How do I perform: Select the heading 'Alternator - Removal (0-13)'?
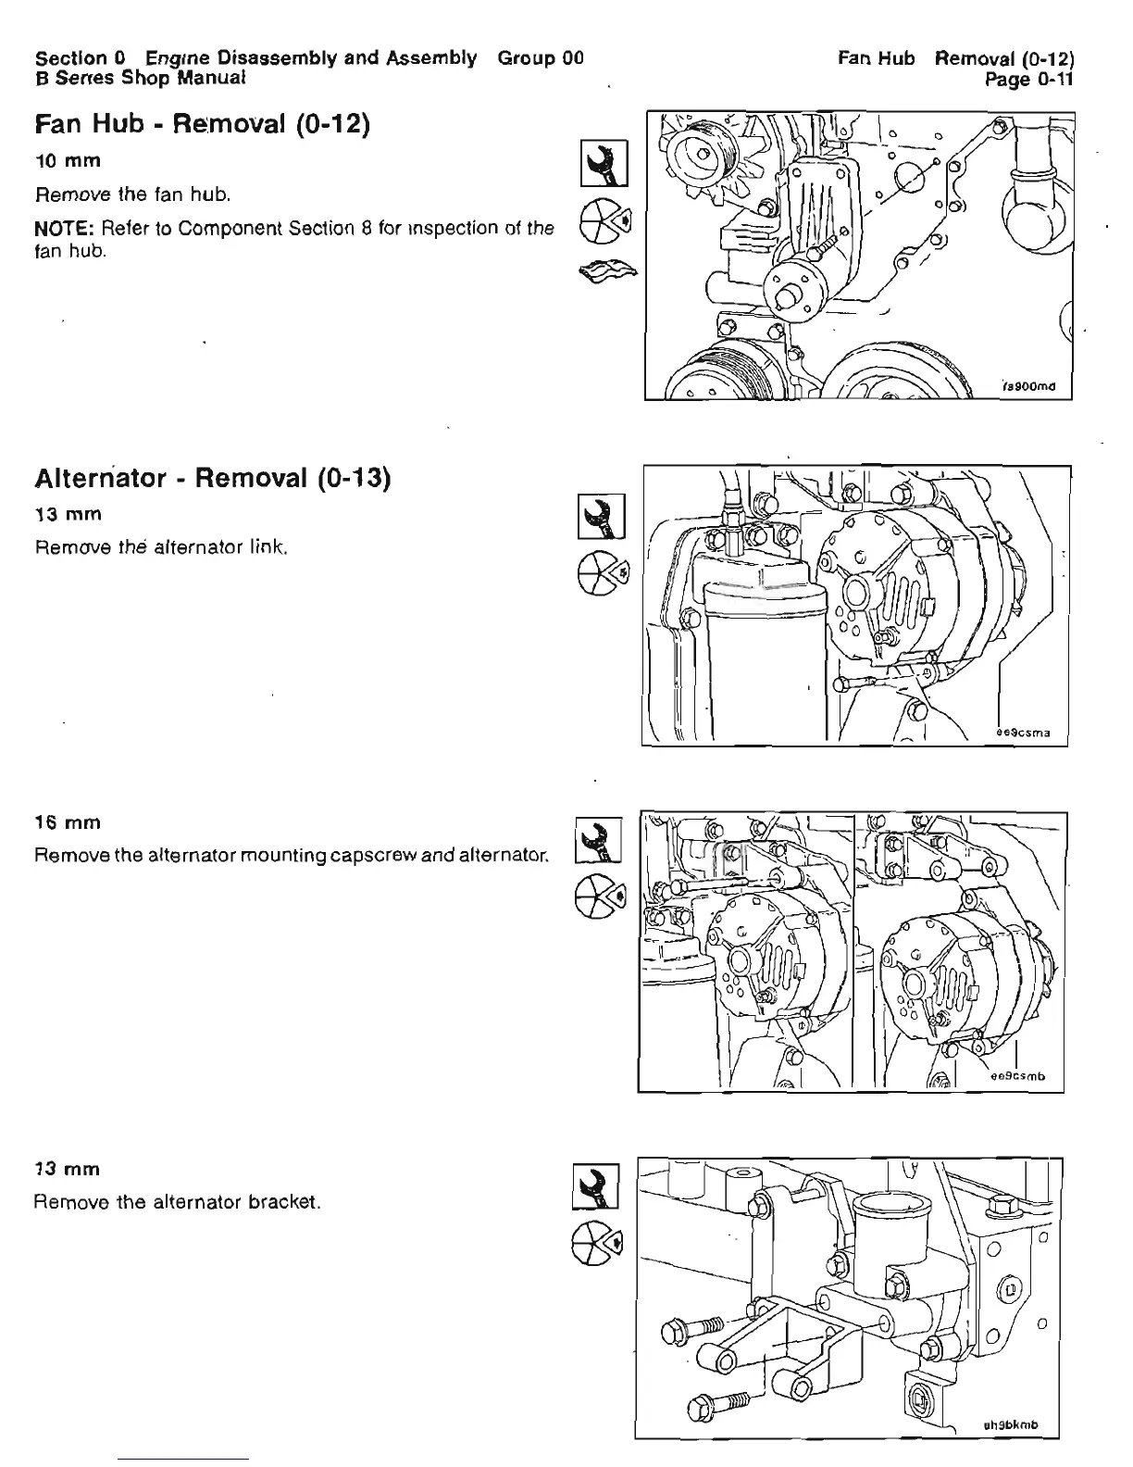[213, 478]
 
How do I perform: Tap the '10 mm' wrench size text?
[68, 160]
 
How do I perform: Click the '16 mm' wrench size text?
[68, 822]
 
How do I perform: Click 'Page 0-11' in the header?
[1028, 80]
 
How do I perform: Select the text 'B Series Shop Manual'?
[140, 78]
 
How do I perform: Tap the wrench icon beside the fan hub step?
[604, 163]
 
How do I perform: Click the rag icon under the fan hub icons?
[607, 270]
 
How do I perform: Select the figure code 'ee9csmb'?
[1017, 1076]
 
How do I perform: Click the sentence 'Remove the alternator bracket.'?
[177, 1202]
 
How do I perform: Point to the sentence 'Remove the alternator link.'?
[162, 547]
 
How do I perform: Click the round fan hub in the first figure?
[796, 290]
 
